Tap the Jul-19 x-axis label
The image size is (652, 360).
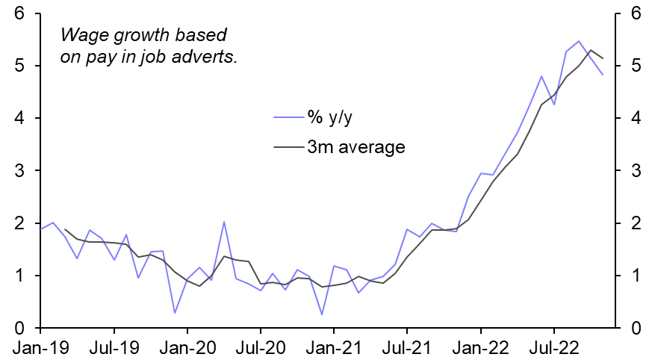[114, 347]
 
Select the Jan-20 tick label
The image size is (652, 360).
[187, 347]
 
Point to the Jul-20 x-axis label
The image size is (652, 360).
[260, 347]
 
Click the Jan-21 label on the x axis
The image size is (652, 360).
[333, 347]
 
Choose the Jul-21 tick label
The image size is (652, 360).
[406, 347]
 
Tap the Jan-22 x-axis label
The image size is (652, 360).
[480, 347]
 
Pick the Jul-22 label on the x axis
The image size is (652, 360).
[553, 347]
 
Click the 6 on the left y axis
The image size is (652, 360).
[21, 13]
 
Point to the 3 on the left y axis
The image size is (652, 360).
[21, 171]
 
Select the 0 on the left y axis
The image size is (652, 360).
[21, 329]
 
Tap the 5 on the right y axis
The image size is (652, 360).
[636, 66]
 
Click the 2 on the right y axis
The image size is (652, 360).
[636, 223]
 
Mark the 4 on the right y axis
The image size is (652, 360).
[636, 118]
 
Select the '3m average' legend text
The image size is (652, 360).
[356, 146]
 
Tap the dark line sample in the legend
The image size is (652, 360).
[288, 146]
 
